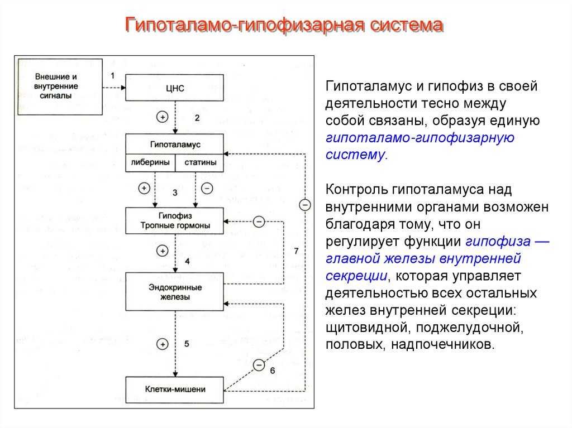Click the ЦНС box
coord(175,88)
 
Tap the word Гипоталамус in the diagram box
coord(175,144)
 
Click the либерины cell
coord(151,162)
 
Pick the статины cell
coord(199,162)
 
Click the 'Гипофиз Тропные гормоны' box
coord(175,220)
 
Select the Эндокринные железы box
coord(175,292)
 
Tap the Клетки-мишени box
coord(175,389)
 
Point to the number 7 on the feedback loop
coord(296,251)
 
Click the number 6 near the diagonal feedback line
coord(272,371)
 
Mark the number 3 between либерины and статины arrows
coord(175,193)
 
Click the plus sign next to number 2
coord(162,117)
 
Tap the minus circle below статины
coord(207,188)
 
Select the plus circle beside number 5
coord(162,344)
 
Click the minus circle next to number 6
coord(259,365)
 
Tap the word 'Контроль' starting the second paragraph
coord(356,190)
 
